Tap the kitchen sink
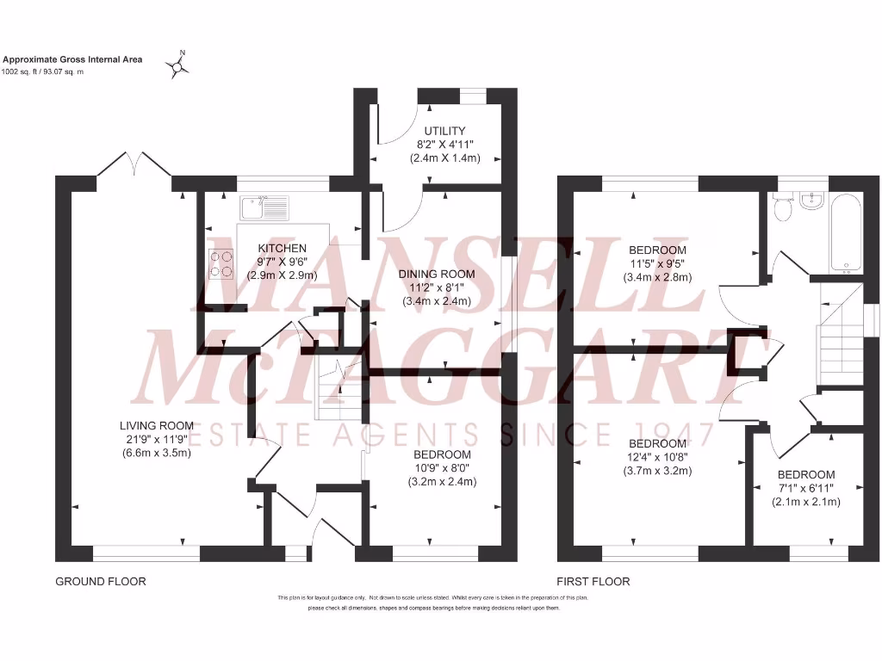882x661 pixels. point(264,207)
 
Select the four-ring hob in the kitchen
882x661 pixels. point(221,263)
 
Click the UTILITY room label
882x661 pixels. point(444,131)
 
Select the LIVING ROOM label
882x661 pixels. point(156,425)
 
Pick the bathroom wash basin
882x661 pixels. point(812,202)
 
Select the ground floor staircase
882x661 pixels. point(332,383)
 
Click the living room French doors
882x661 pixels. point(134,164)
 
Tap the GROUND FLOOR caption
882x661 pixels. point(101,582)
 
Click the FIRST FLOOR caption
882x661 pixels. point(593,582)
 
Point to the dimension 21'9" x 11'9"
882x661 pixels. point(156,439)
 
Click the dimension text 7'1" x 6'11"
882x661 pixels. point(806,489)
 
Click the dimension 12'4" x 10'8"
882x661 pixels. point(657,457)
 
